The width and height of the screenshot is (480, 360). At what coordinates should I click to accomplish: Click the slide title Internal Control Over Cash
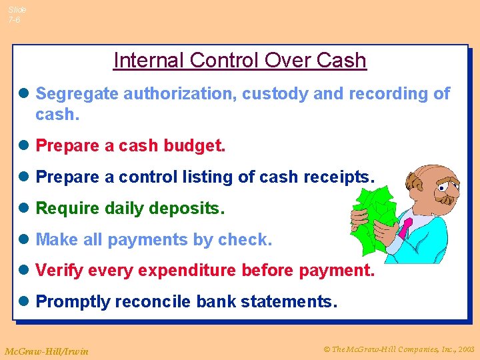[240, 60]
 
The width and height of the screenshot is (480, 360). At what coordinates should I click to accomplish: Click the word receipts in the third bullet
[339, 177]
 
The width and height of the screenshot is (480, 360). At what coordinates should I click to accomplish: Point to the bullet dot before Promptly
[25, 302]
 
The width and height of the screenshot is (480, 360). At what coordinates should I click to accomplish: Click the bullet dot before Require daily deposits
[25, 209]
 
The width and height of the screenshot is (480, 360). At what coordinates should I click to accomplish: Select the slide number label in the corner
[17, 15]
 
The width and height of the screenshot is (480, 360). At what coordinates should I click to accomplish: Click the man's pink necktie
[406, 227]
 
